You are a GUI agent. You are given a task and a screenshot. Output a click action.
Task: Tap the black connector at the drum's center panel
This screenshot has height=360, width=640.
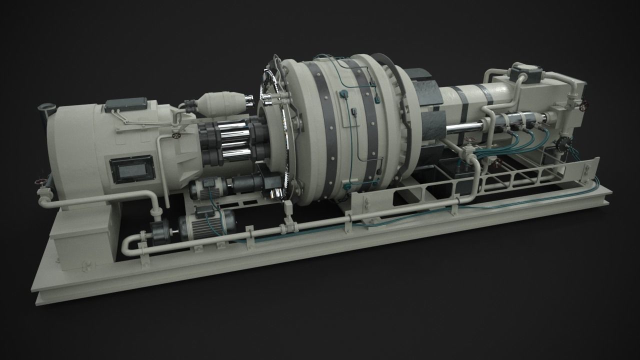click(352, 112)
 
